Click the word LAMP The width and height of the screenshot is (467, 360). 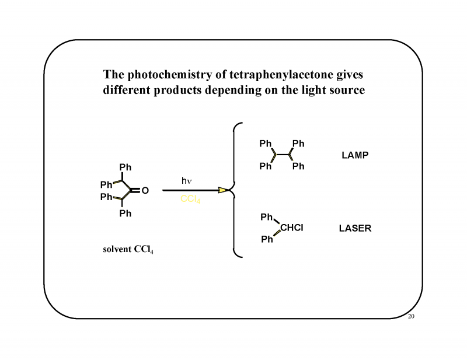point(355,155)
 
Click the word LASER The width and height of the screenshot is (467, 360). point(355,228)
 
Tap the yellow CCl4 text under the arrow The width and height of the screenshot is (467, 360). point(190,199)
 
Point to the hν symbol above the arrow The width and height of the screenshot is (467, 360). point(187,181)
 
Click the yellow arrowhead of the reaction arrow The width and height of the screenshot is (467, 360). point(223,190)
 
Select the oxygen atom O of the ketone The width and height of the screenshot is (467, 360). point(145,191)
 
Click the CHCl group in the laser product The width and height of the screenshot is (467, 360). point(291,228)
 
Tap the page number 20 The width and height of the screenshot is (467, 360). point(411,316)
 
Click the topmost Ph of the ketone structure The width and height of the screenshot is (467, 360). point(126,167)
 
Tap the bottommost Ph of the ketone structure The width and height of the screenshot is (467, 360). point(126,214)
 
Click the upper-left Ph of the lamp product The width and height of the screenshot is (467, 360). point(266,144)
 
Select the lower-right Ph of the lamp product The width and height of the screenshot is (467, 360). point(298,166)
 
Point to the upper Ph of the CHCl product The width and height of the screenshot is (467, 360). point(267,217)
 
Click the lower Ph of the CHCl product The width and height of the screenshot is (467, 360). point(267,239)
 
